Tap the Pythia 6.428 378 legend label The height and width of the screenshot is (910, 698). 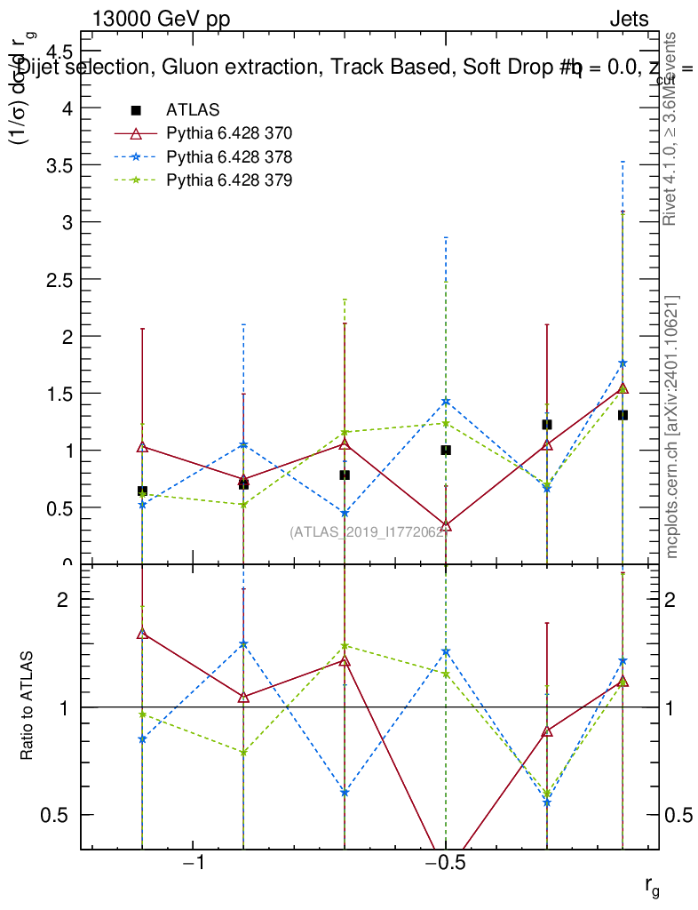pos(229,157)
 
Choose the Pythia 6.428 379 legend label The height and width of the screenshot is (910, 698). pos(229,180)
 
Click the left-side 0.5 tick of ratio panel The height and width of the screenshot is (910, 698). pos(55,815)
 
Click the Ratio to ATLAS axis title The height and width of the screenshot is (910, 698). pos(28,706)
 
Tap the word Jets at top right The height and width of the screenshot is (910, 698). pos(629,20)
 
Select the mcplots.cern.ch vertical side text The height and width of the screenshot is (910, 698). pos(672,427)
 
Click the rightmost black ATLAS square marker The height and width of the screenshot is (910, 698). pos(623,415)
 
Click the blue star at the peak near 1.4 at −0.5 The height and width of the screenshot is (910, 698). pos(446,402)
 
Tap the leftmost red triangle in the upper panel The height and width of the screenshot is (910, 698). pos(142,446)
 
